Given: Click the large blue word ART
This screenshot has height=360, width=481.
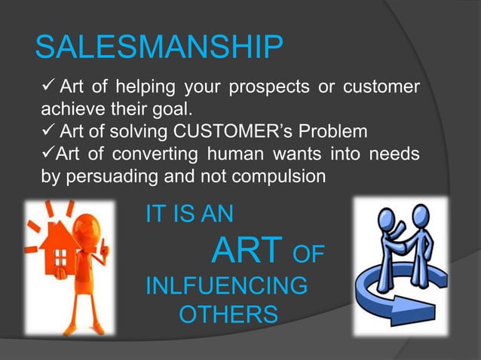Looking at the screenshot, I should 247,252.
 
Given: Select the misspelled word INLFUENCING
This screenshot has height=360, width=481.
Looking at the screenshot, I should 225,286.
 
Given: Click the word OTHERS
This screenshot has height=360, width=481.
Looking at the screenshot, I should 228,314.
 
